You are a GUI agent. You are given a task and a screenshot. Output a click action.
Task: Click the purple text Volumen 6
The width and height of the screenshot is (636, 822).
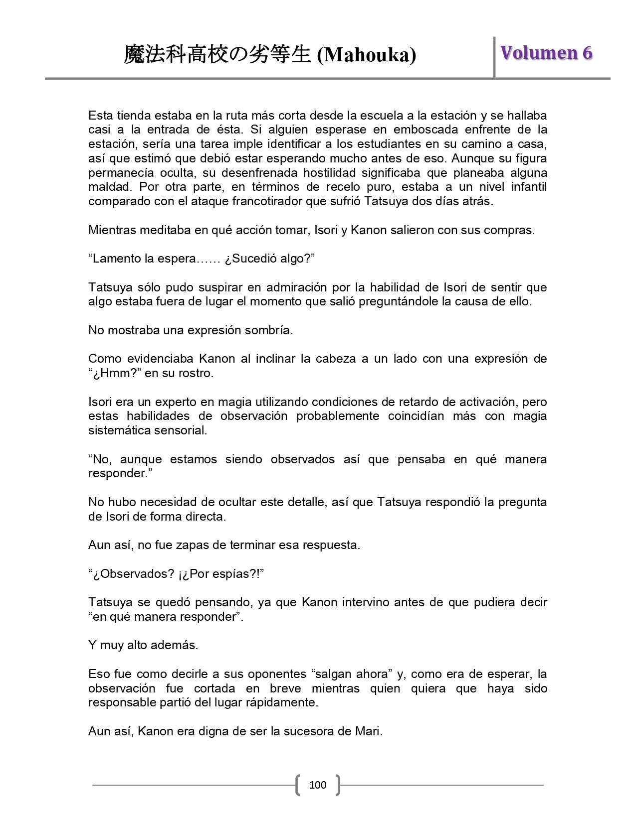coord(546,52)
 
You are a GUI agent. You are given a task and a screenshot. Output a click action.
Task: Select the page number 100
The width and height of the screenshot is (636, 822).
coord(318,785)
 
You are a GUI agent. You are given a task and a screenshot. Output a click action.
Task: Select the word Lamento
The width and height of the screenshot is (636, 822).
coord(116,259)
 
